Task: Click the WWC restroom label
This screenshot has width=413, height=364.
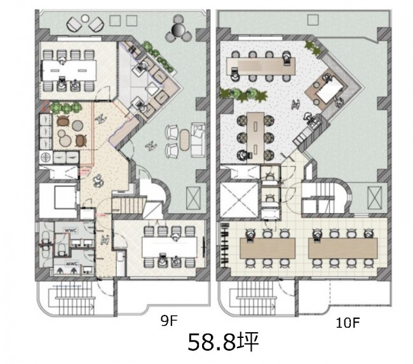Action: [x=71, y=230]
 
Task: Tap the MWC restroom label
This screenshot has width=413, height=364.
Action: [x=71, y=263]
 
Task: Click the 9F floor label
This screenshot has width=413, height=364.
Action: [x=169, y=321]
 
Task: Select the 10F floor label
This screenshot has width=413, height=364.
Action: [x=348, y=323]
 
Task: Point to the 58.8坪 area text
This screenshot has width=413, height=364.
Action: [x=224, y=342]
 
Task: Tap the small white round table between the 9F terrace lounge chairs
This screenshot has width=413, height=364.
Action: [x=85, y=18]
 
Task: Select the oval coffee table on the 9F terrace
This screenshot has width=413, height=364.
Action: [x=185, y=140]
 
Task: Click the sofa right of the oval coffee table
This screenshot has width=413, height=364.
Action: [x=198, y=140]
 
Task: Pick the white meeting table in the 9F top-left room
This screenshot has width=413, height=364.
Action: [x=69, y=71]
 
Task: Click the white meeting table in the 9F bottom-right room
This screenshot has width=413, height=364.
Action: [x=170, y=247]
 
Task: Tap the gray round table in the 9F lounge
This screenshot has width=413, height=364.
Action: [x=78, y=125]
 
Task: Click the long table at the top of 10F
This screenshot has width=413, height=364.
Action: [x=261, y=66]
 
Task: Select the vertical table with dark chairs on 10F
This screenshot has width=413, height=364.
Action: [x=255, y=137]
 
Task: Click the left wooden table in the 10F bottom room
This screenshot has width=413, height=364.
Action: [x=267, y=248]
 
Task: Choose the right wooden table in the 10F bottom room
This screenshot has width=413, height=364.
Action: [x=343, y=248]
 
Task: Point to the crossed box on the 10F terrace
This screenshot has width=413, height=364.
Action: [x=374, y=197]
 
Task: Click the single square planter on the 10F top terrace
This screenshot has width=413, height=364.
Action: [x=313, y=20]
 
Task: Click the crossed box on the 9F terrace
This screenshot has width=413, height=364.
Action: [x=193, y=198]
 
